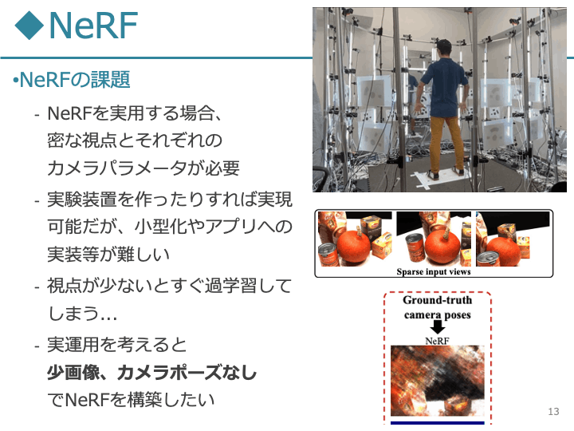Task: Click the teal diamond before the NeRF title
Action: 29,25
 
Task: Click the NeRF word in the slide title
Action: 93,25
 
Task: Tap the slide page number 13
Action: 553,412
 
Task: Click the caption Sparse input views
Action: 434,271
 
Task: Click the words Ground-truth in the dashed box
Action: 438,300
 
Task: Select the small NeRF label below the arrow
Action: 437,341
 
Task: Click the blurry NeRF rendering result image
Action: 438,381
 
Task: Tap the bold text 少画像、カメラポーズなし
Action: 152,373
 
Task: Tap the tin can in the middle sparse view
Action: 415,248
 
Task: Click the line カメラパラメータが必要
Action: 143,168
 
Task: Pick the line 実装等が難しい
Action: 108,254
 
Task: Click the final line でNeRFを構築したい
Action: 131,400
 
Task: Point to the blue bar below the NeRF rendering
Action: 438,423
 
